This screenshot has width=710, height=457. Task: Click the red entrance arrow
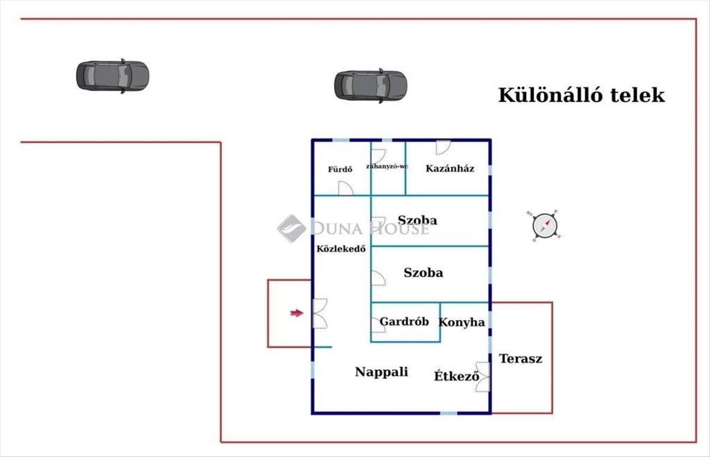[x=296, y=313]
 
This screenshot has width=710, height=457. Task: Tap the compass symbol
[x=544, y=226]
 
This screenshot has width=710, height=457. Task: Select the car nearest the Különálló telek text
[x=370, y=86]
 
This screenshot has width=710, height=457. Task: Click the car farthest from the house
[x=112, y=76]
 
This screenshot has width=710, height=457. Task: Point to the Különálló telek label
[x=581, y=95]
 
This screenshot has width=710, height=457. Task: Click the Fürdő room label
[x=340, y=169]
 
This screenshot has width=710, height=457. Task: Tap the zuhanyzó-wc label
[x=387, y=166]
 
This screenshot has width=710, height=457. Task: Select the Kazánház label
[x=450, y=168]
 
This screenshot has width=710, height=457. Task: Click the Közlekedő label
[x=341, y=249]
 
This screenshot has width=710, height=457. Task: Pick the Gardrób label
[x=404, y=321]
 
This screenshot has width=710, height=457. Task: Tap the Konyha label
[x=461, y=323]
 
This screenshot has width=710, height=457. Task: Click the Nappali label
[x=381, y=372]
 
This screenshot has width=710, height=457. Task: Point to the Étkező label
[x=456, y=376]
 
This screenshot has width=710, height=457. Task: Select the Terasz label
[x=521, y=359]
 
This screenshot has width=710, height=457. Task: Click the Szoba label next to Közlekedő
[x=418, y=220]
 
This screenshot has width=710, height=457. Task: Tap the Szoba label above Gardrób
[x=423, y=273]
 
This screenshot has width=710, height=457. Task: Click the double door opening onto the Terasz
[x=483, y=376]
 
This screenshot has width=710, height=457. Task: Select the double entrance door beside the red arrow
[x=320, y=313]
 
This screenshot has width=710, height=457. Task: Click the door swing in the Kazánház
[x=443, y=147]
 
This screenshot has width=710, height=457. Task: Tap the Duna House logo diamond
[x=291, y=228]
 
